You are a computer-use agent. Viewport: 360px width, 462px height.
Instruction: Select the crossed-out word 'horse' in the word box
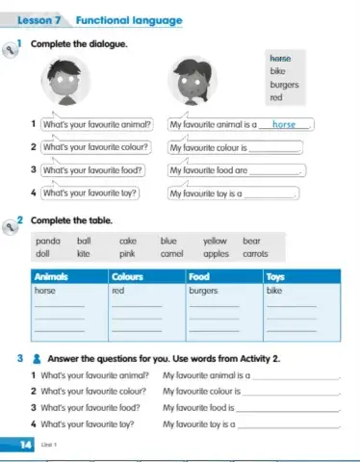(280, 57)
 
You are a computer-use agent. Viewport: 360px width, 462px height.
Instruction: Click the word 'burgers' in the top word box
(284, 84)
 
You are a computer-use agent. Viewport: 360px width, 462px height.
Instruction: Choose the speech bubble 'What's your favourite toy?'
(86, 192)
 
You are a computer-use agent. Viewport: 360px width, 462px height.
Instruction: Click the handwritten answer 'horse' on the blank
(284, 124)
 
